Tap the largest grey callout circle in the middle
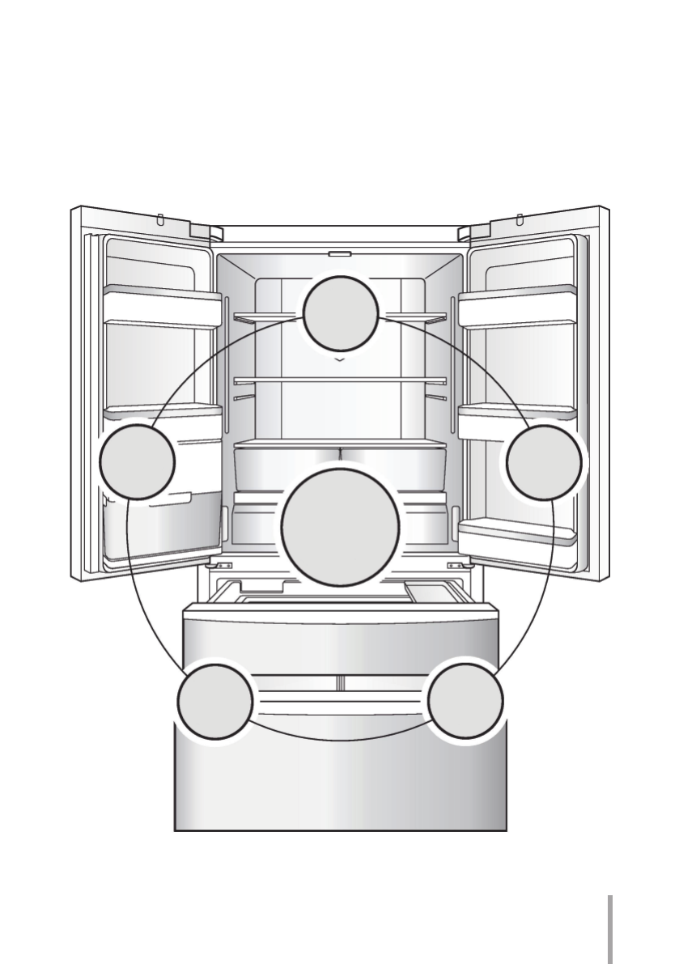340,527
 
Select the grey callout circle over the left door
137,461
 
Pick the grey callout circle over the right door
543,462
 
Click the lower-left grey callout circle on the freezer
215,701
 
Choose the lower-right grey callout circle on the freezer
465,700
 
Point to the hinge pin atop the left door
161,219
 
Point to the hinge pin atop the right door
519,219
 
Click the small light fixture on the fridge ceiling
340,253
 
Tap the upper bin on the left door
162,308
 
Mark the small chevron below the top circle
341,356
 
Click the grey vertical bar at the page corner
610,927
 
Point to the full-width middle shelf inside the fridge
340,379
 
